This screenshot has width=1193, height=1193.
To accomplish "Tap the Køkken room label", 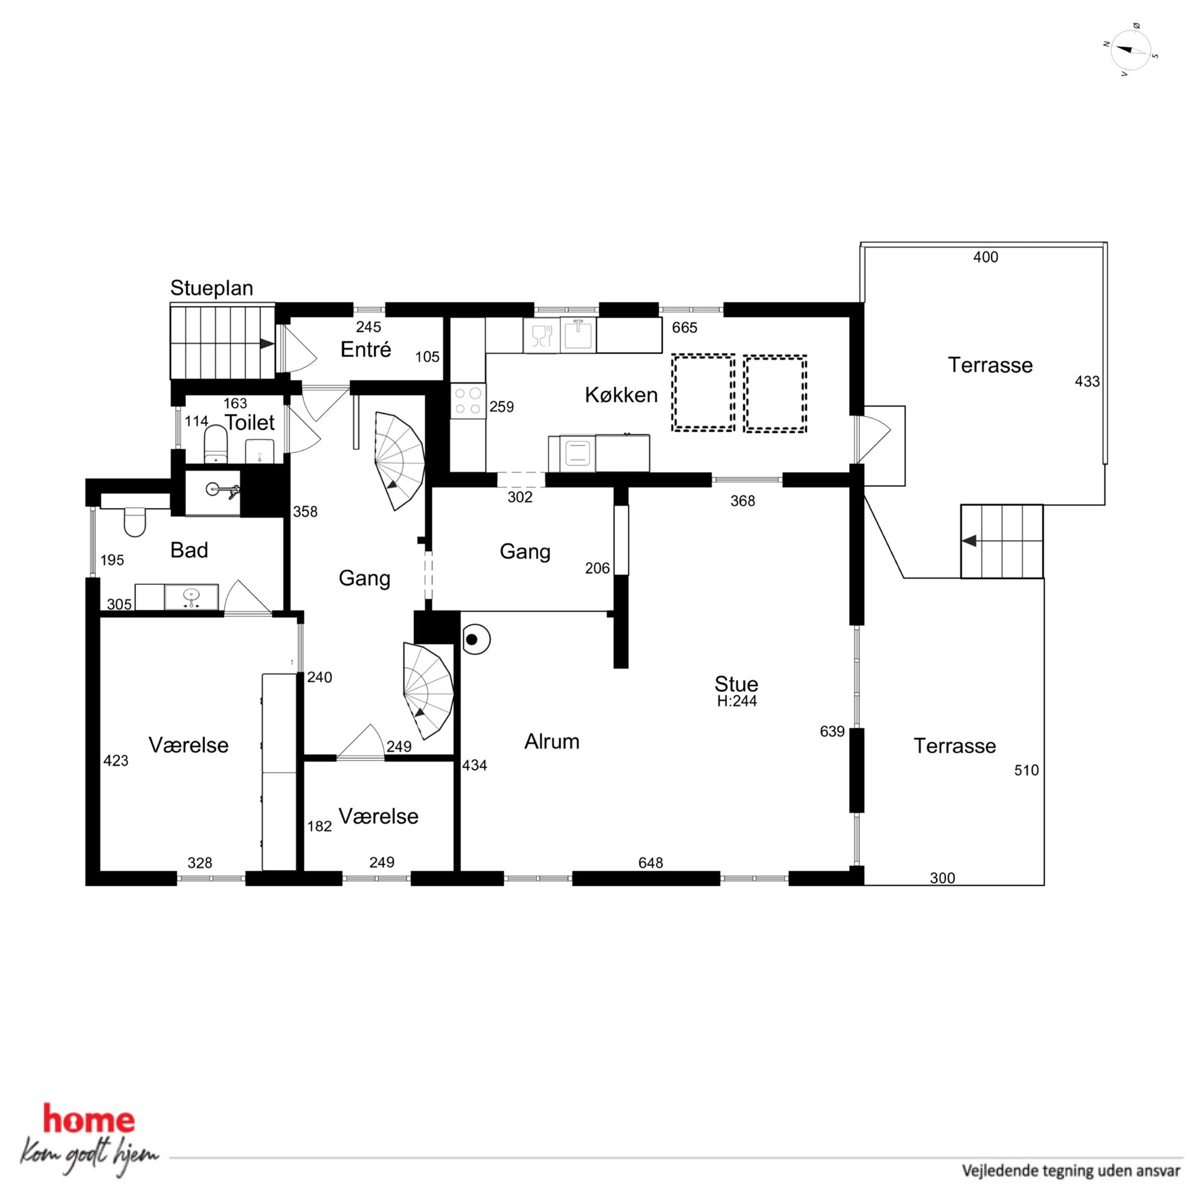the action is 621,395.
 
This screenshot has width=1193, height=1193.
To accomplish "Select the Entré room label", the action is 366,349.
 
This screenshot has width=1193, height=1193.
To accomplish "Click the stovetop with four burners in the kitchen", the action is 468,400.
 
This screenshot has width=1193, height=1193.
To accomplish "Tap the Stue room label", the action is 736,684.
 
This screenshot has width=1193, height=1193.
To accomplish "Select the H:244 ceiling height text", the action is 737,701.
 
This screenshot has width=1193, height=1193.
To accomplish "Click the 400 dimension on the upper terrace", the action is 986,257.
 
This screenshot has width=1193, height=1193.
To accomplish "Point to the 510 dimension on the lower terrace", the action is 1026,770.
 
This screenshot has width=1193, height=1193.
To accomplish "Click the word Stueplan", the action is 212,289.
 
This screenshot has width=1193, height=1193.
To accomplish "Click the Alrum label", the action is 551,741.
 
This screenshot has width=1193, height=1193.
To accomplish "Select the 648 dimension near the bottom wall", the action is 651,863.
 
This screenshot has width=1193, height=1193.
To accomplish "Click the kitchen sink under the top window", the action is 578,335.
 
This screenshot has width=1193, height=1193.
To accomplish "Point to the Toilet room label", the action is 250,423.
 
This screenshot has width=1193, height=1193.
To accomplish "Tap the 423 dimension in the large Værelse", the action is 115,761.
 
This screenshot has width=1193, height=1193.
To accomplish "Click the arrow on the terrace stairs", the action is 969,541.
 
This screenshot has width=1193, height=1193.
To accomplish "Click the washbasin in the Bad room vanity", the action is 191,596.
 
